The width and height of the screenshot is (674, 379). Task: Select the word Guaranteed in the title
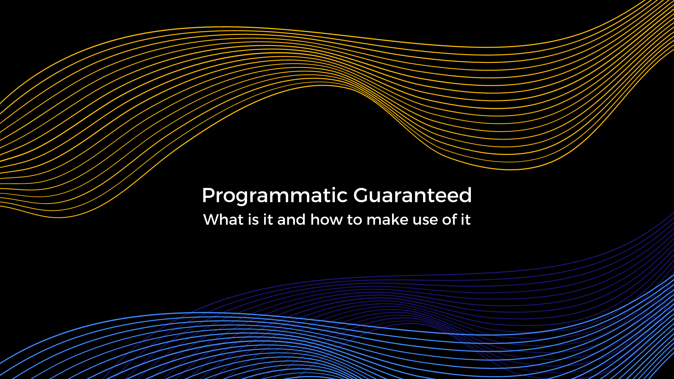[x=412, y=195]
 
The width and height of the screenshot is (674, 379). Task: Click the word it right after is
[x=268, y=220]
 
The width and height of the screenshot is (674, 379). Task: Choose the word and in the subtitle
[x=291, y=220]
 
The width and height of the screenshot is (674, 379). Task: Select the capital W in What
[x=211, y=220]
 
